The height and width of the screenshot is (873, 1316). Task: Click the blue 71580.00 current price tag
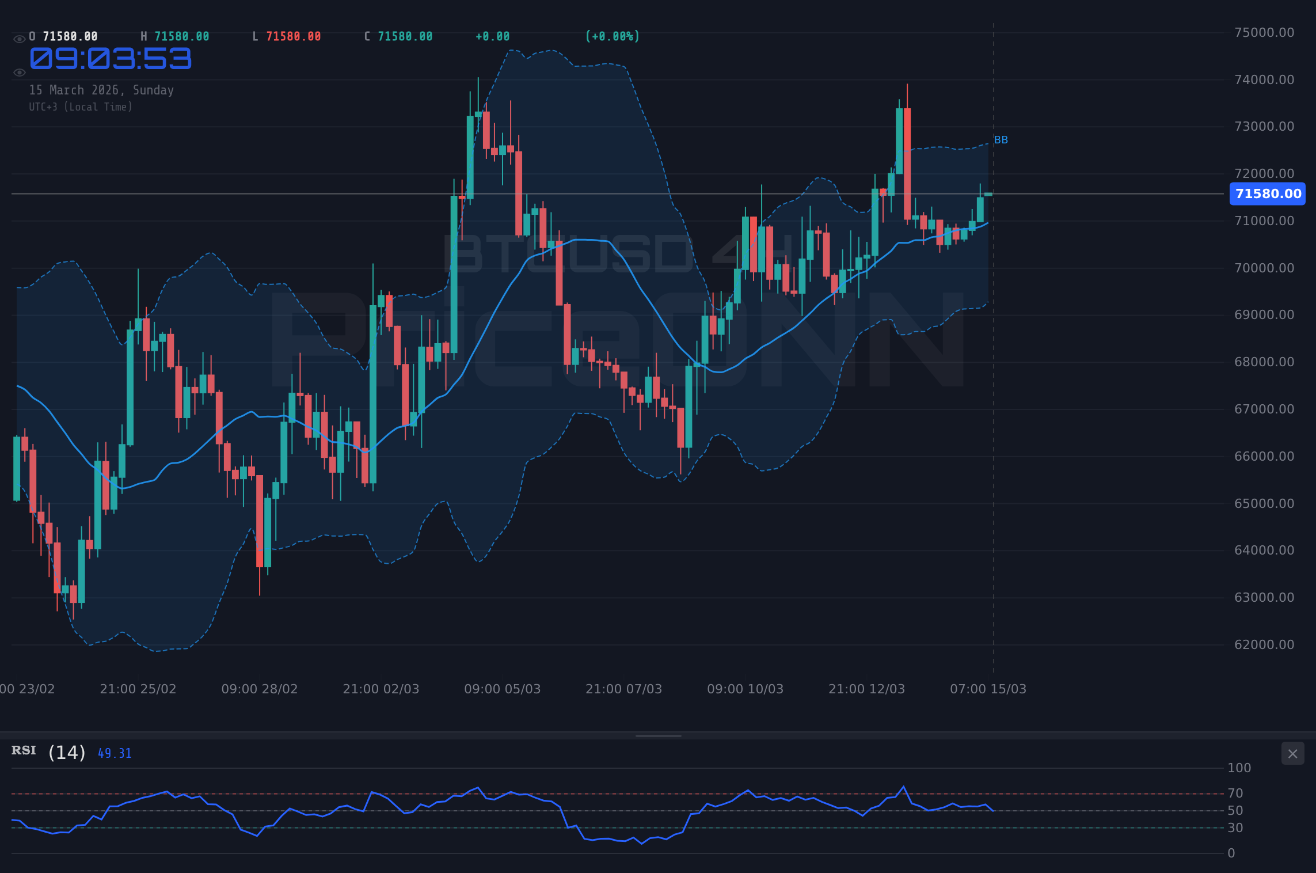[x=1267, y=194]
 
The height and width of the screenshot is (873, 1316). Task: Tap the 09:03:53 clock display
[x=111, y=59]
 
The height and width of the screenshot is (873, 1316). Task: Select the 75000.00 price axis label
[x=1264, y=32]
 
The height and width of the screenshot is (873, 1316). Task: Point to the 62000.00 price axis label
[x=1264, y=644]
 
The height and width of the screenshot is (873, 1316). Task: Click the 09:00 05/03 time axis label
[x=502, y=689]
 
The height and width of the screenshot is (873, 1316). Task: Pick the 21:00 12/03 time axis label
[x=866, y=689]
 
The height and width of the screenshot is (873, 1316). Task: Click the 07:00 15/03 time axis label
[x=988, y=689]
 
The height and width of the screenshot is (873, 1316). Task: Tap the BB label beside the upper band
[x=1001, y=140]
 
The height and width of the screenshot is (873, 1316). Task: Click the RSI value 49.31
[x=115, y=753]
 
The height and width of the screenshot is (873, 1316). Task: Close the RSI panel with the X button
[x=1292, y=754]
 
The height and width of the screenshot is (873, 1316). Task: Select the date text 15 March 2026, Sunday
[x=101, y=90]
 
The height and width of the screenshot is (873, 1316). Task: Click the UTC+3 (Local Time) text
[x=81, y=107]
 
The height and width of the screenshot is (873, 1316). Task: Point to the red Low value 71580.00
[x=293, y=36]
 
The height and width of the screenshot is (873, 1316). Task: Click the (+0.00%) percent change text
[x=612, y=36]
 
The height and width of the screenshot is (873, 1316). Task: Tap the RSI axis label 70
[x=1235, y=793]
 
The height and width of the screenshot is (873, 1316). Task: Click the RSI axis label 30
[x=1235, y=828]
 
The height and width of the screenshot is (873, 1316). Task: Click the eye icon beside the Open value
[x=19, y=39]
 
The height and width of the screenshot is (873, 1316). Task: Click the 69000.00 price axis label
[x=1264, y=314]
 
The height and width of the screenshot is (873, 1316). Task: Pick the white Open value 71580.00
[x=70, y=36]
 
